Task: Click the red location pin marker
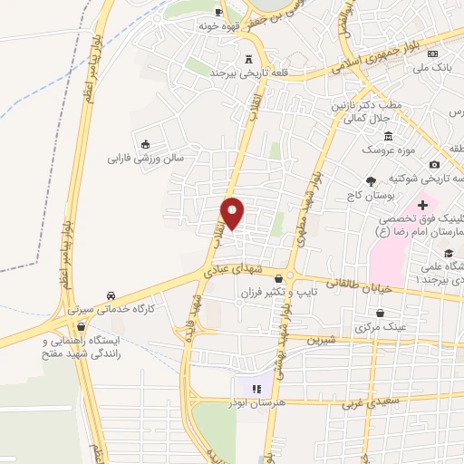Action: click(x=233, y=213)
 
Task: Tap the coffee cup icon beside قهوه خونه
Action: click(x=218, y=12)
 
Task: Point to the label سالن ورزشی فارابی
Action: click(x=146, y=157)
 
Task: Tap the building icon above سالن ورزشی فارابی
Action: click(x=145, y=142)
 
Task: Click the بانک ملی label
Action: click(x=431, y=67)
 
